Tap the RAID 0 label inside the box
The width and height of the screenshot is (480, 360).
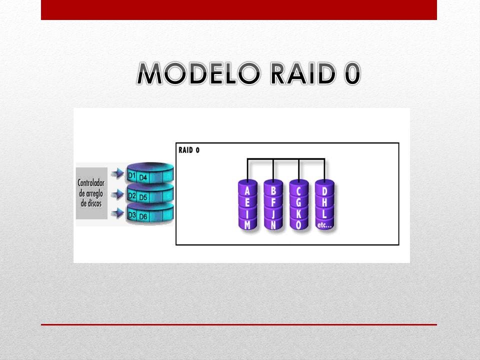pos(189,150)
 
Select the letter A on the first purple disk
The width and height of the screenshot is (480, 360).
pos(247,190)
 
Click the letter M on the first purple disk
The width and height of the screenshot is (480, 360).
pos(247,225)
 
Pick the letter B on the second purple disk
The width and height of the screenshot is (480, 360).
pos(273,190)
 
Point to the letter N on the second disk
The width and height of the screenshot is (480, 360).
pos(273,225)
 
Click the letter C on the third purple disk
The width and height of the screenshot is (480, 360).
pos(299,190)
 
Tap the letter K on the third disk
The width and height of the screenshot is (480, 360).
pos(299,213)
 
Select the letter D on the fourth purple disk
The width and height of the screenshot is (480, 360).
pos(325,190)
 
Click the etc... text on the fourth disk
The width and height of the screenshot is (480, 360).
pos(325,225)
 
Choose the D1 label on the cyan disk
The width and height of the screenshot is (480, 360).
pos(132,176)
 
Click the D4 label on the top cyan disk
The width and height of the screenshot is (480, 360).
pos(143,177)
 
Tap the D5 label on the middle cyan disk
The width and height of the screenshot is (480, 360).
pos(143,197)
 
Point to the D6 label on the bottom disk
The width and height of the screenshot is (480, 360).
pos(143,216)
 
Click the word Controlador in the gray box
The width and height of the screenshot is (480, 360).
pos(91,183)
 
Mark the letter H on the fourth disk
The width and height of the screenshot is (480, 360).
pos(325,202)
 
